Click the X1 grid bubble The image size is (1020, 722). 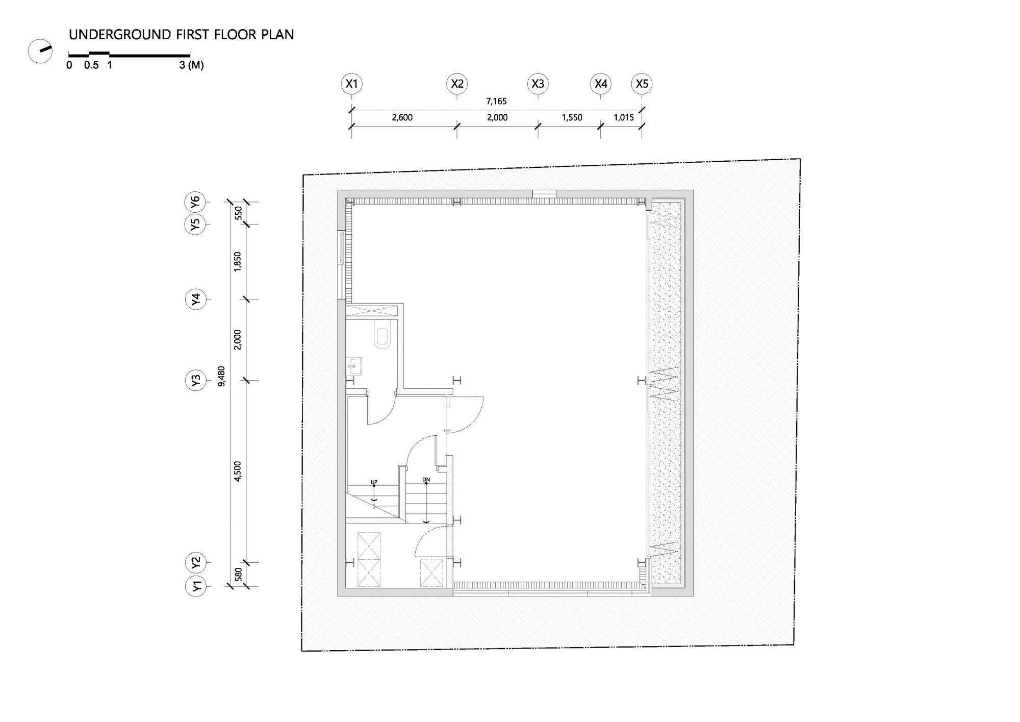(x=352, y=84)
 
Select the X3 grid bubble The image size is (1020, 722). (x=538, y=84)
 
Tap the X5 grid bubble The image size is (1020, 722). (x=642, y=84)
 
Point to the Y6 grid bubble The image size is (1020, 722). (x=195, y=202)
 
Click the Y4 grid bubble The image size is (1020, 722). (x=195, y=299)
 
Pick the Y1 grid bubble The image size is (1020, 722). (x=195, y=586)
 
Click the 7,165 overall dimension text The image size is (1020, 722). (x=496, y=102)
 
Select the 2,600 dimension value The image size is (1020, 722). (x=402, y=117)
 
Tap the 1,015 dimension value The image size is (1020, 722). (x=623, y=117)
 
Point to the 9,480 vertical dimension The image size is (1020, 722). (x=221, y=376)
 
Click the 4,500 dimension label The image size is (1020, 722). (x=238, y=471)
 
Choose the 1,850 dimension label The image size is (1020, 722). (x=238, y=262)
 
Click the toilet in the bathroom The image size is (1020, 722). (x=382, y=335)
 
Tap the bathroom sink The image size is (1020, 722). (x=354, y=366)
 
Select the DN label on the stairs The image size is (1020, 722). (x=426, y=480)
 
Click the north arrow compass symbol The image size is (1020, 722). (x=40, y=51)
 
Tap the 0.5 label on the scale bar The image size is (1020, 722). (x=91, y=65)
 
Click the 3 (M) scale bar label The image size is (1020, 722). (x=191, y=65)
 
